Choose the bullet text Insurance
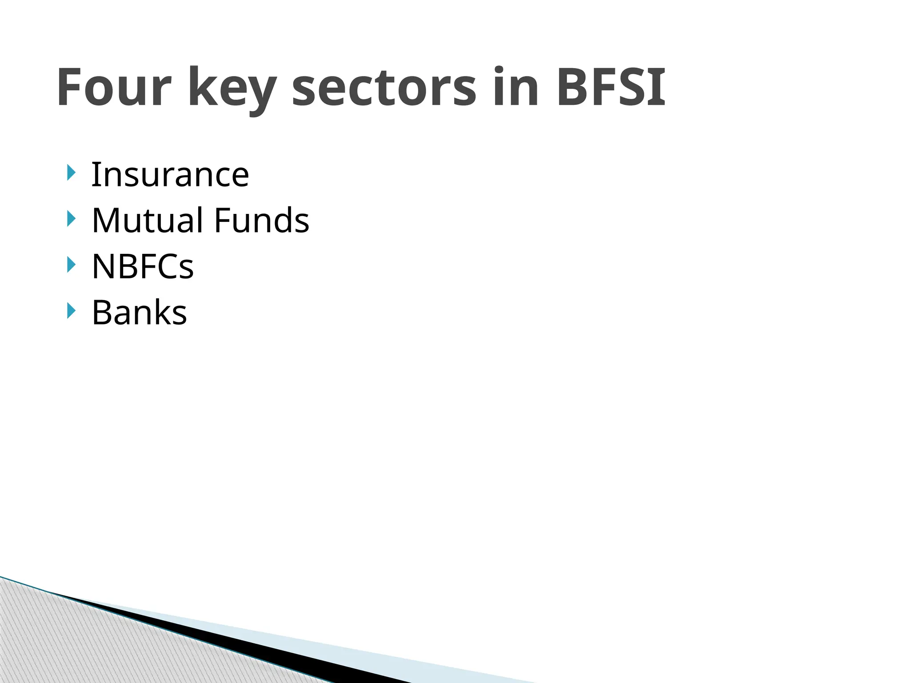pyautogui.click(x=170, y=174)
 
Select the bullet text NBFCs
pyautogui.click(x=143, y=266)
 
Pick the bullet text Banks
pyautogui.click(x=139, y=313)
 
